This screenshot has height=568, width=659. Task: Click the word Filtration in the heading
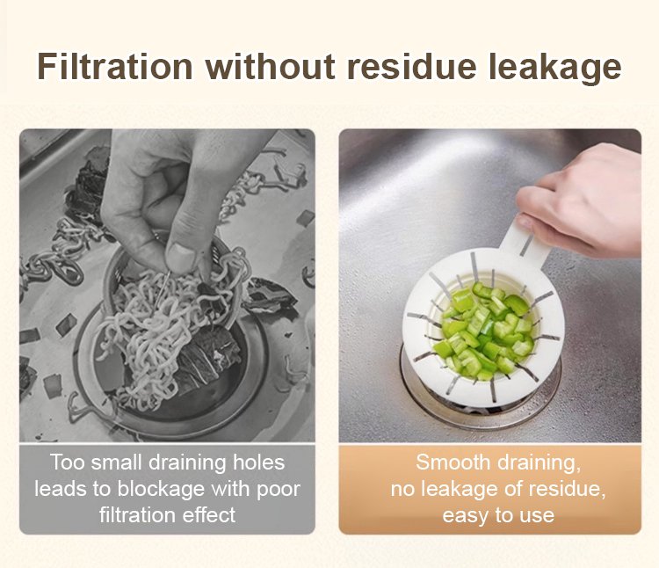(x=115, y=67)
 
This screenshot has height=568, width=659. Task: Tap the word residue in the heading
(x=411, y=67)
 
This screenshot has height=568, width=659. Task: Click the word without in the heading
(x=270, y=67)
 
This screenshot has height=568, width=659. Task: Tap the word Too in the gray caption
(x=68, y=462)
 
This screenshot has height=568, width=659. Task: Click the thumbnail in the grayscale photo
(x=182, y=258)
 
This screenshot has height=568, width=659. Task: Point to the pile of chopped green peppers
(x=488, y=330)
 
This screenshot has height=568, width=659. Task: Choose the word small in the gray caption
(x=116, y=462)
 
